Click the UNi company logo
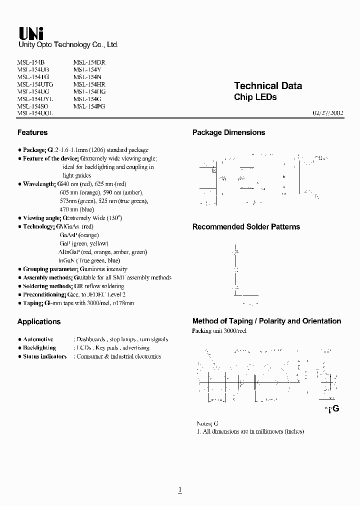click(x=31, y=33)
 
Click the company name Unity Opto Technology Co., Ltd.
click(x=68, y=45)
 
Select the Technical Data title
click(x=268, y=86)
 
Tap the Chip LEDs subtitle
click(x=255, y=97)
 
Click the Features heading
click(x=32, y=132)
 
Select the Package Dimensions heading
click(x=228, y=132)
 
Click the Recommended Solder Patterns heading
click(x=246, y=226)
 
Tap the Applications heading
click(x=39, y=321)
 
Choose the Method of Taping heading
click(x=266, y=321)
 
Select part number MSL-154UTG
click(x=35, y=84)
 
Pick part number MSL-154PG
click(x=89, y=106)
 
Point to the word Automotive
click(x=38, y=339)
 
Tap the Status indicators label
click(x=44, y=356)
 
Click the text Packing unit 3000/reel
click(x=219, y=331)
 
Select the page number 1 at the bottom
click(x=180, y=490)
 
